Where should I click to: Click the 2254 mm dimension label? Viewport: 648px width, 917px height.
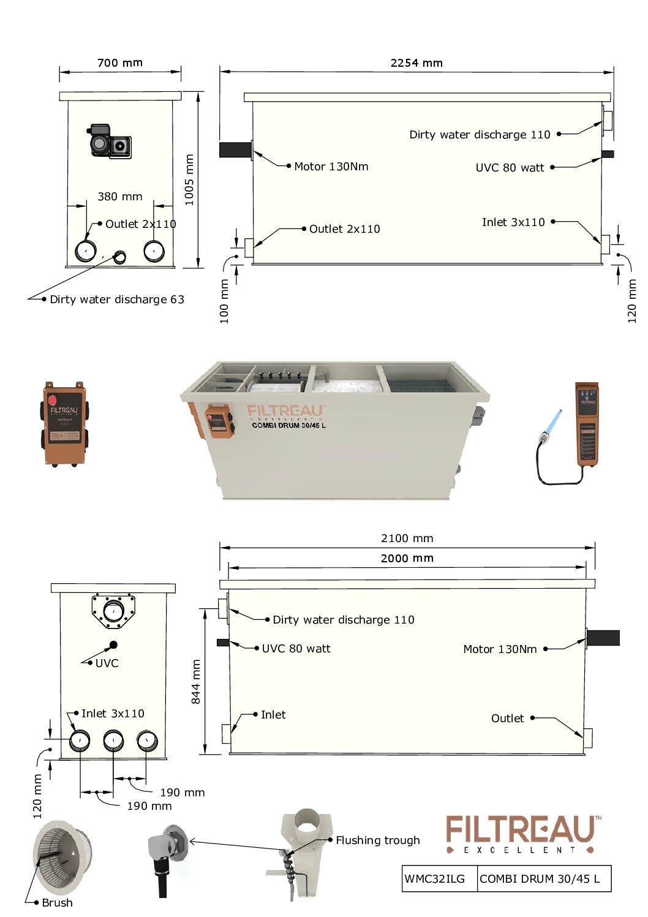tap(416, 62)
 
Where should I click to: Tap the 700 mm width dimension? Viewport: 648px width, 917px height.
tap(120, 62)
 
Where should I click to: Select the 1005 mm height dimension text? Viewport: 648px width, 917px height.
tap(189, 179)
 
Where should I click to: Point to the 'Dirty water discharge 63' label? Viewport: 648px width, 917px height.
tap(116, 299)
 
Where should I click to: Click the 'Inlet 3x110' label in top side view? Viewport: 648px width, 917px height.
tap(513, 222)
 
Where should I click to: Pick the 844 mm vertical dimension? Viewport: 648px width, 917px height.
tap(195, 681)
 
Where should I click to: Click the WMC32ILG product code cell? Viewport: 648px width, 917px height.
tap(434, 878)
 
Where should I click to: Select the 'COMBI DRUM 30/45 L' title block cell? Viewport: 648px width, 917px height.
tap(540, 878)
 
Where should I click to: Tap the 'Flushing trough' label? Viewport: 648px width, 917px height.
tap(377, 840)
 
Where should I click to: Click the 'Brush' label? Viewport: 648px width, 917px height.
tap(57, 902)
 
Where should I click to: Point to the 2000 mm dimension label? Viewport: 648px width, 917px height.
tap(407, 558)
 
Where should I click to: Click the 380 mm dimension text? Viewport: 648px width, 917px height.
tap(120, 196)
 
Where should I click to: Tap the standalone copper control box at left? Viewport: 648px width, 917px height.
tap(64, 423)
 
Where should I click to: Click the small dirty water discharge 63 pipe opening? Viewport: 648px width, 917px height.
tap(120, 257)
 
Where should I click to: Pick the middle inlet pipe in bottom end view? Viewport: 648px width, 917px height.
tap(113, 741)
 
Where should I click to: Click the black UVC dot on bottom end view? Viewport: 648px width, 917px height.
tap(113, 644)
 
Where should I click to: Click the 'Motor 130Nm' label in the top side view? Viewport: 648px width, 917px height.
tap(331, 166)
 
